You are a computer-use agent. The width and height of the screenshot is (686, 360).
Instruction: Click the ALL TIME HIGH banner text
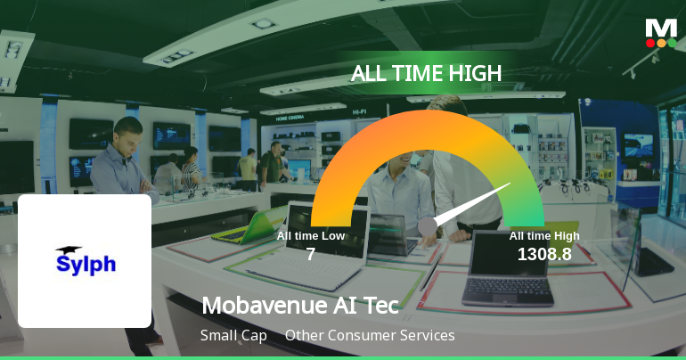pyautogui.click(x=426, y=73)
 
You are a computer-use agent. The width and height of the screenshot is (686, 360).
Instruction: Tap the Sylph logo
pyautogui.click(x=86, y=260)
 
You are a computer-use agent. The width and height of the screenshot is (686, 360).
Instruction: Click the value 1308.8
pyautogui.click(x=543, y=255)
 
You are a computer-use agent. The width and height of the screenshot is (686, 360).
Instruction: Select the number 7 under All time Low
pyautogui.click(x=310, y=255)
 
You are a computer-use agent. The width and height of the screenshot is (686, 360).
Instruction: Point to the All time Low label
pyautogui.click(x=310, y=236)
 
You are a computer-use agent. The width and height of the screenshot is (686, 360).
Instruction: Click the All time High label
pyautogui.click(x=543, y=236)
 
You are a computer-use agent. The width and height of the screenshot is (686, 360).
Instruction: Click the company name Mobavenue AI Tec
pyautogui.click(x=300, y=305)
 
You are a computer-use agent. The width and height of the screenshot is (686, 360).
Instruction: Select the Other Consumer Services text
pyautogui.click(x=370, y=336)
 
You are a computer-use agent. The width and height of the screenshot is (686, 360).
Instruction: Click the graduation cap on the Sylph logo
pyautogui.click(x=68, y=251)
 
